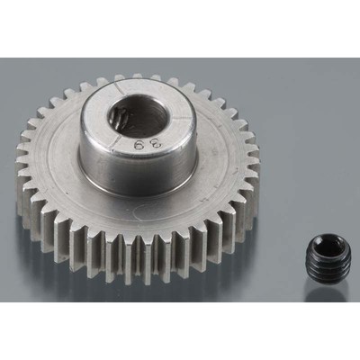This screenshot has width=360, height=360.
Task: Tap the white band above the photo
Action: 180,27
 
